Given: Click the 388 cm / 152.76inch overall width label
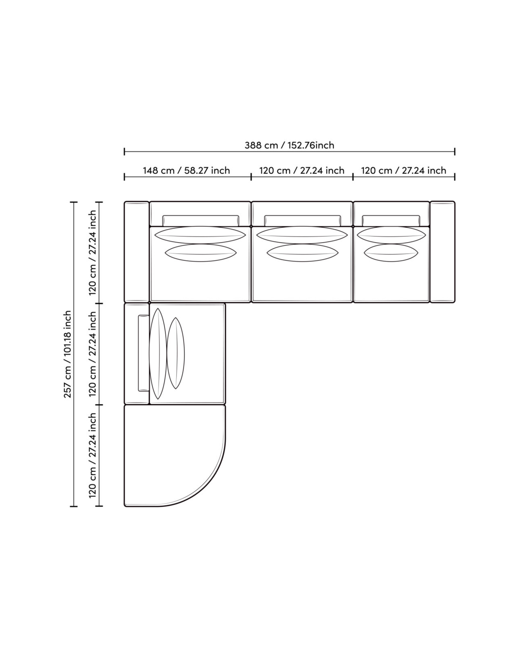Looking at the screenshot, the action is pyautogui.click(x=289, y=145).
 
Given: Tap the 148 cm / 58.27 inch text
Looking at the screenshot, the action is pyautogui.click(x=186, y=170).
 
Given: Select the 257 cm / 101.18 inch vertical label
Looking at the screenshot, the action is pyautogui.click(x=68, y=354).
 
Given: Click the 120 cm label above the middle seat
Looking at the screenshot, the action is pyautogui.click(x=301, y=170).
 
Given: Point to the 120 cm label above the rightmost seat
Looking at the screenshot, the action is pyautogui.click(x=403, y=170).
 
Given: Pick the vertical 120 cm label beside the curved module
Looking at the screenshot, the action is pyautogui.click(x=93, y=455).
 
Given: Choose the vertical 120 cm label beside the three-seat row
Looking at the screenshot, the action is pyautogui.click(x=93, y=253).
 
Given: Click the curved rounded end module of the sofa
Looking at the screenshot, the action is pyautogui.click(x=175, y=455).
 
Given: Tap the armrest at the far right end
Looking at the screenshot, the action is pyautogui.click(x=442, y=252).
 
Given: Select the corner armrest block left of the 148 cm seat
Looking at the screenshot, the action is pyautogui.click(x=136, y=252).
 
